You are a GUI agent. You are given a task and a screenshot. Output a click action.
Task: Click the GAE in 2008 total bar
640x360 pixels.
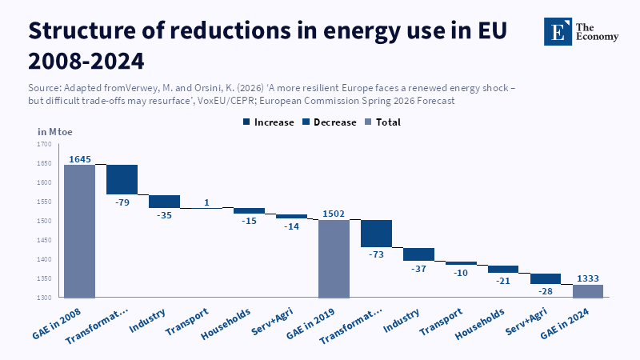(79, 231)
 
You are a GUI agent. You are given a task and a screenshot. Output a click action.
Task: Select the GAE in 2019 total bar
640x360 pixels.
(334, 258)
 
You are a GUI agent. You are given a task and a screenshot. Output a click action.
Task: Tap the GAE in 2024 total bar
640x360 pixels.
(588, 291)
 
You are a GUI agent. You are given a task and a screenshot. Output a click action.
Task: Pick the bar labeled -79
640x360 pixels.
(122, 179)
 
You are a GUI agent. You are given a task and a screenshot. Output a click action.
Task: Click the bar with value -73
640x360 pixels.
(376, 234)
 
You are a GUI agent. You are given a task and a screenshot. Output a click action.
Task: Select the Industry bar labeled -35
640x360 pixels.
(165, 202)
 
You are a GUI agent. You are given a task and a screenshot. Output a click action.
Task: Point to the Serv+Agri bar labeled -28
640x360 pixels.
(546, 278)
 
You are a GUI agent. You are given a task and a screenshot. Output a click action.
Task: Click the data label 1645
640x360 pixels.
(80, 159)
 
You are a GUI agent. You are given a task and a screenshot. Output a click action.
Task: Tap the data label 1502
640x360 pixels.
(334, 214)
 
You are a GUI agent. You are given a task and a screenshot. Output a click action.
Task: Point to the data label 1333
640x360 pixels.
(588, 278)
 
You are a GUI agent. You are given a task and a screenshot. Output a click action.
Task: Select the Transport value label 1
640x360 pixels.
(207, 202)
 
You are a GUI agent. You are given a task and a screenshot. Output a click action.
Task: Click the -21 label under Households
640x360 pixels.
(503, 281)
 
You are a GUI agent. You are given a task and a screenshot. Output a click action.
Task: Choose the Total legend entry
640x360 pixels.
(383, 122)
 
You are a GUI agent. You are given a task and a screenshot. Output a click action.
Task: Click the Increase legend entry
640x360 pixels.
(269, 122)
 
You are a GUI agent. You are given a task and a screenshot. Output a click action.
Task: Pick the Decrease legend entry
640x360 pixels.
(330, 122)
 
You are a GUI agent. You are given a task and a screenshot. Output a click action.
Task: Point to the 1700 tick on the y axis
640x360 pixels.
(45, 144)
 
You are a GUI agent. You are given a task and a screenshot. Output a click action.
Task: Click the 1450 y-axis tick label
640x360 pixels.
(45, 240)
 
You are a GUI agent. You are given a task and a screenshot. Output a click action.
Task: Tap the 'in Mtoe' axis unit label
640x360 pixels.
(55, 132)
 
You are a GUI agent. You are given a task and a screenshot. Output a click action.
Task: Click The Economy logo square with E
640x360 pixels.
(558, 31)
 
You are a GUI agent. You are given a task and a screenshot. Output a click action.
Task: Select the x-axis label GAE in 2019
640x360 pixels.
(310, 324)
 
